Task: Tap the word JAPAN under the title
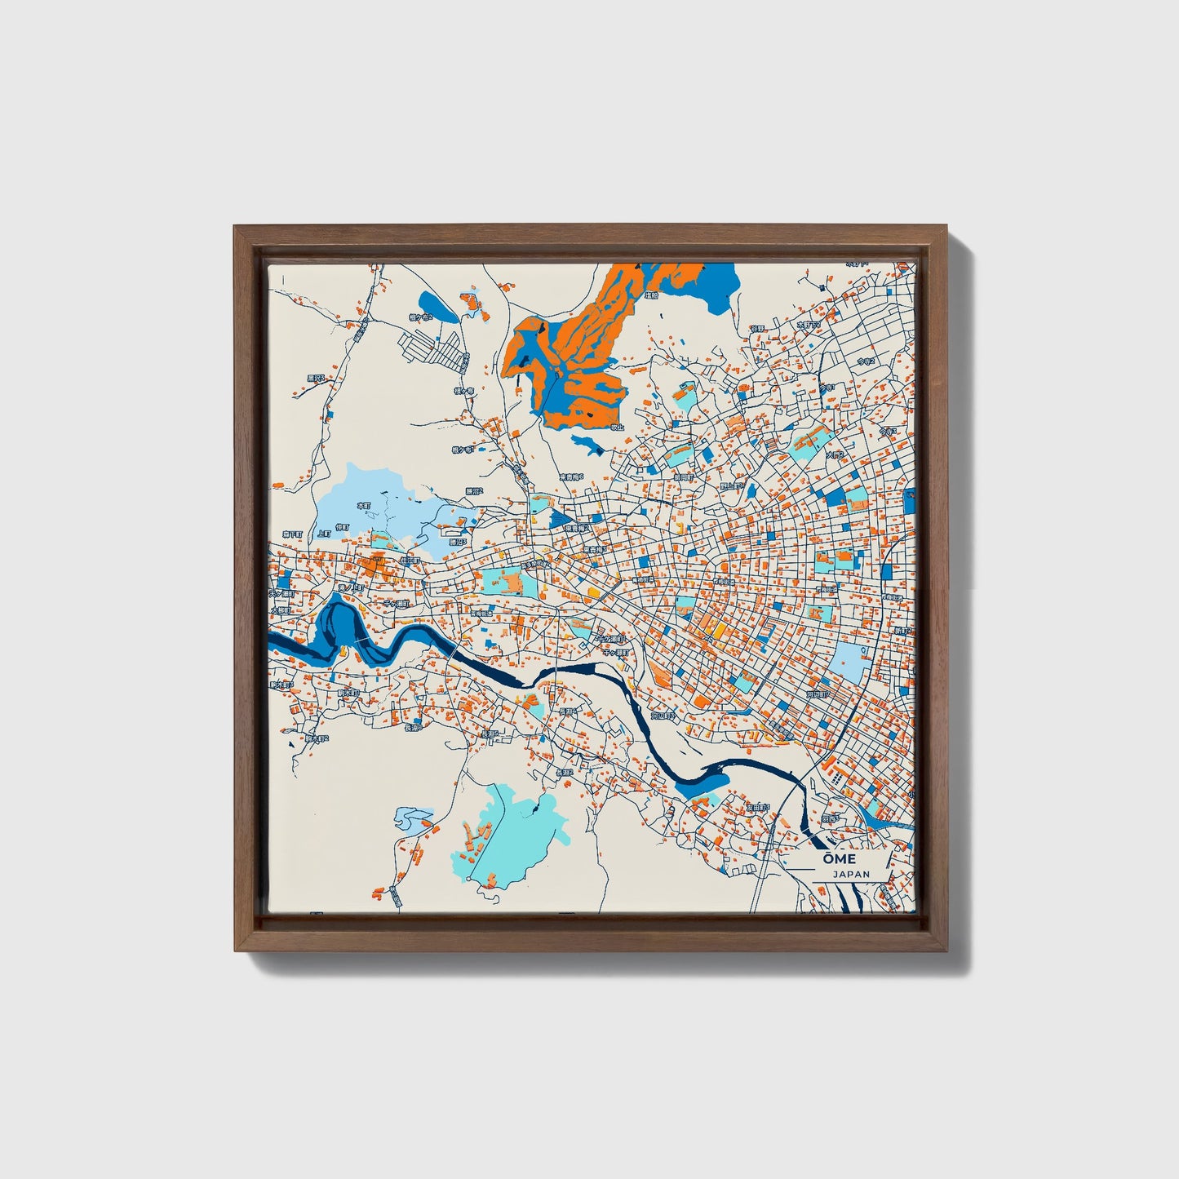851,874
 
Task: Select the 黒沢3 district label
316,378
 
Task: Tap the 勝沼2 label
474,491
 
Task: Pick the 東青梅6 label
571,477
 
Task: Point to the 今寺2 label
867,361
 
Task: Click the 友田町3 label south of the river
758,807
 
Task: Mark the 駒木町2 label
317,738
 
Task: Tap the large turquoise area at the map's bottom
514,832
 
